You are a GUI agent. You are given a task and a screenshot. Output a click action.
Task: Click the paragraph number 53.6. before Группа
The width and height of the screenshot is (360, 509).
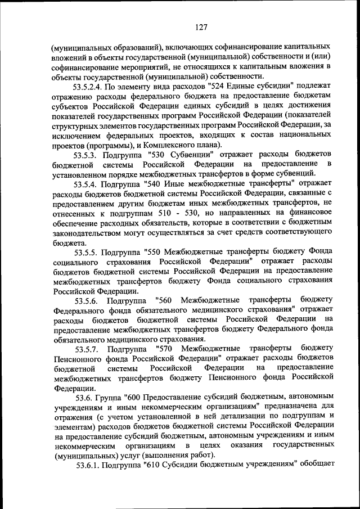coord(83,397)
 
